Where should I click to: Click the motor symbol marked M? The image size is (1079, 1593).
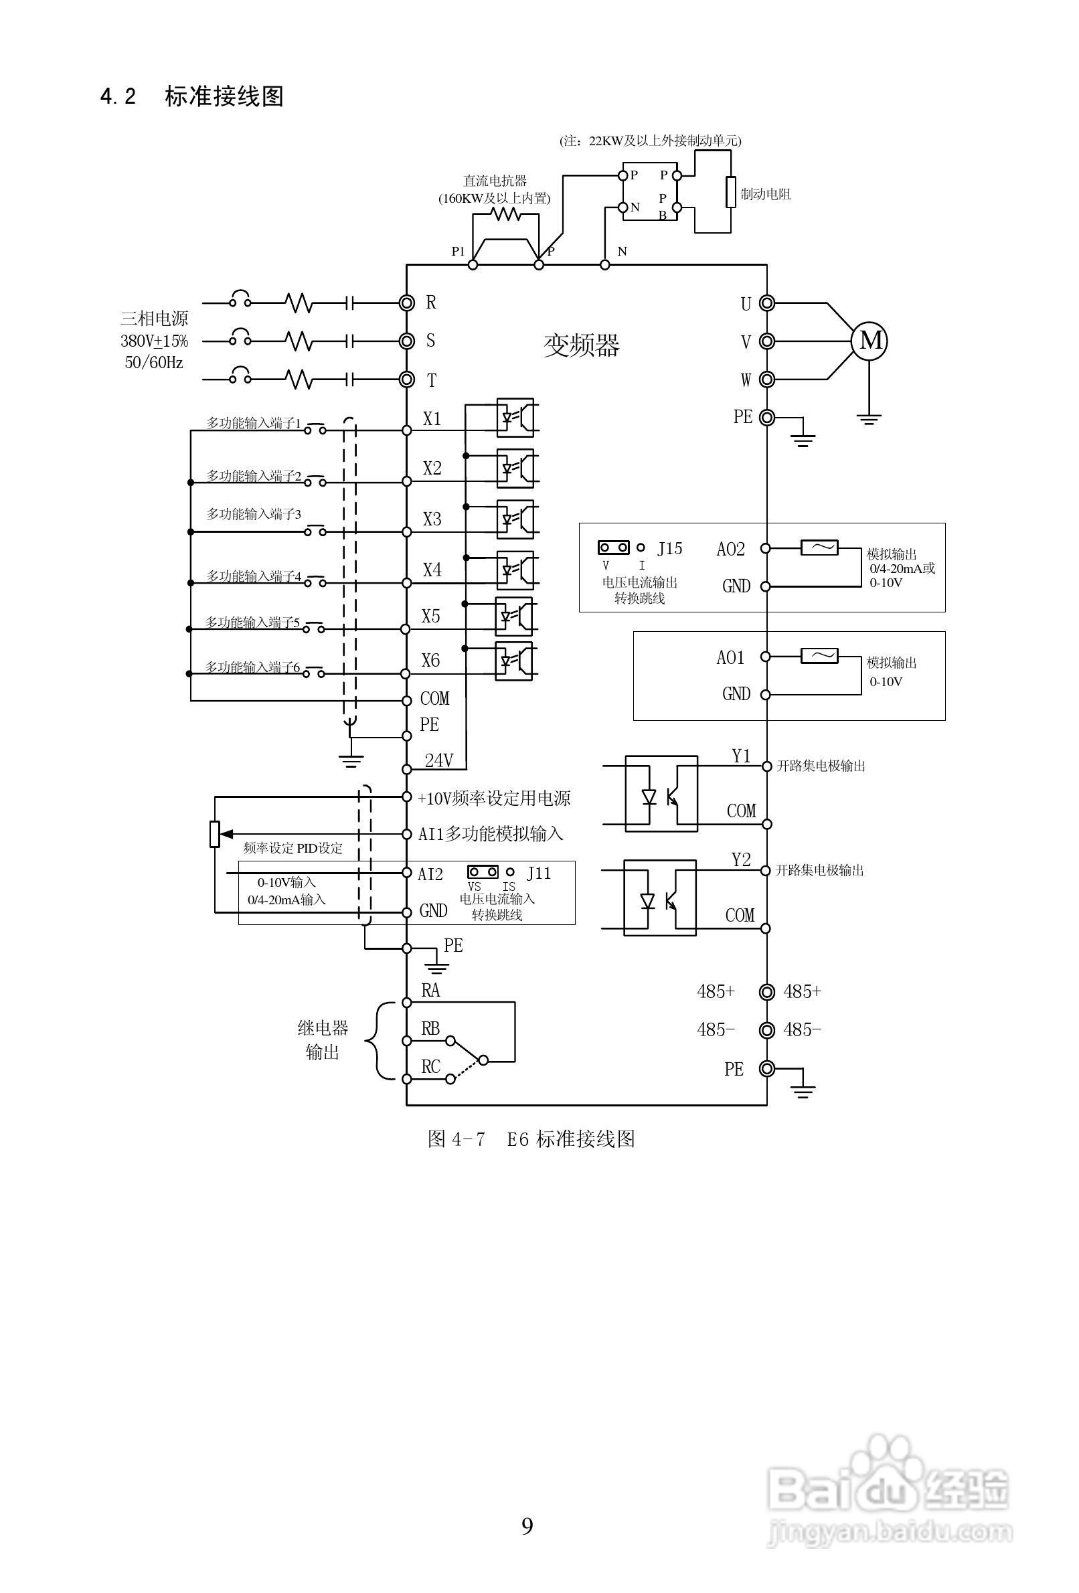point(869,341)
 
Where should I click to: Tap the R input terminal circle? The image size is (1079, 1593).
point(406,303)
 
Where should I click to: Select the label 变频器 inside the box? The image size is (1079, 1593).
point(581,345)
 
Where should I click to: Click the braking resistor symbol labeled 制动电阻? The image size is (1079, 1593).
point(731,193)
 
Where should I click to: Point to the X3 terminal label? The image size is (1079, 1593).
point(432,519)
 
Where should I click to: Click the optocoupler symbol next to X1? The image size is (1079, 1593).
point(515,418)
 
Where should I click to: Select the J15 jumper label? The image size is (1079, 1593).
point(669,548)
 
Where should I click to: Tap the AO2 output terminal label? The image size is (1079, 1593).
point(730,549)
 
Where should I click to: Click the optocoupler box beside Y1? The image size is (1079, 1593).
point(661,794)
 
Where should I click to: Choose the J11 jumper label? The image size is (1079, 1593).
point(539,873)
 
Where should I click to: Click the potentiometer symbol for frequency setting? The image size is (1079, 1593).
point(215,833)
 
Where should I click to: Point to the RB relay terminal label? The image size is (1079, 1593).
point(430,1028)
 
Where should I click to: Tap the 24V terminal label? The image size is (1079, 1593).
point(438,760)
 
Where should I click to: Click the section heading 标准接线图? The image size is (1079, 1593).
point(224,96)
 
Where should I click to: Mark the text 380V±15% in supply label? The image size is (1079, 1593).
point(154,341)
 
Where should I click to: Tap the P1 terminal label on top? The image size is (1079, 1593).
point(458,252)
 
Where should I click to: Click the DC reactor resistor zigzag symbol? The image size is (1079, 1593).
point(506,215)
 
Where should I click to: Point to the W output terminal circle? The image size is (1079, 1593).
point(766,379)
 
